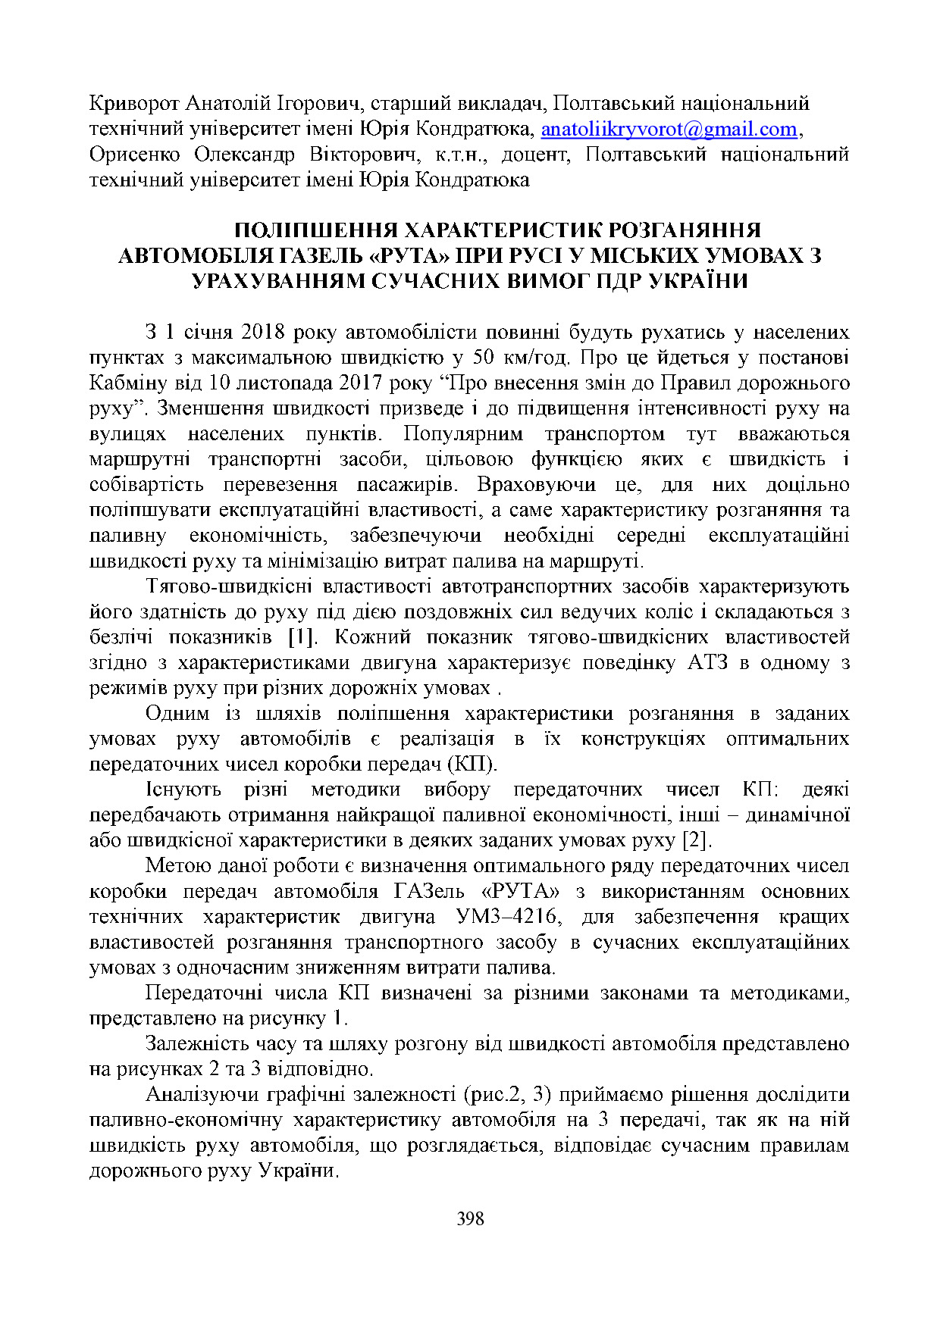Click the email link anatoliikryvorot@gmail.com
(x=669, y=129)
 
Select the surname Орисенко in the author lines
(x=134, y=155)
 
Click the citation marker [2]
(x=697, y=840)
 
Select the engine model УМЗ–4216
(x=509, y=916)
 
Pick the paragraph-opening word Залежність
(x=199, y=1043)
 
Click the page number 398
(x=470, y=1218)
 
